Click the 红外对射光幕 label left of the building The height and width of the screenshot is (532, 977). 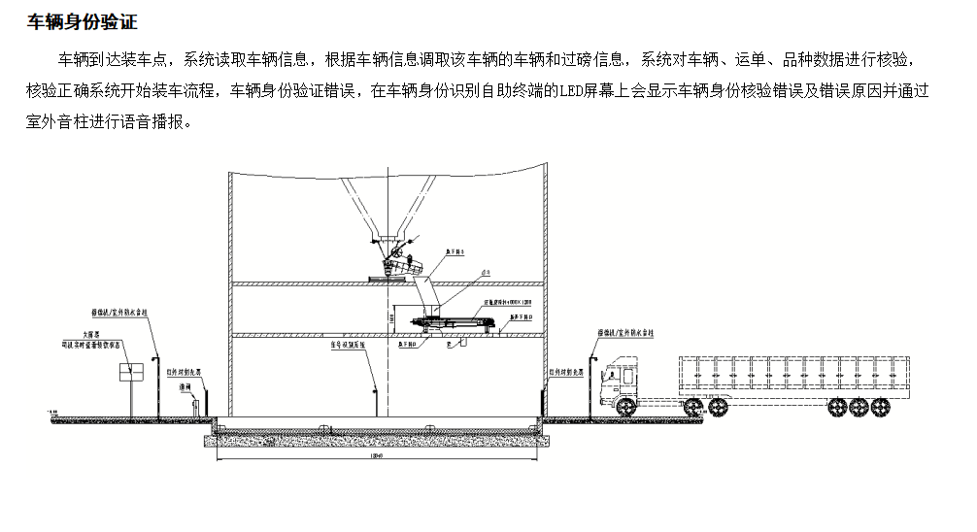tap(184, 370)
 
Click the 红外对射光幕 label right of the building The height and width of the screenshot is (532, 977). tap(567, 370)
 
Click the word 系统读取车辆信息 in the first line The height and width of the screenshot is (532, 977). tap(247, 60)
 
